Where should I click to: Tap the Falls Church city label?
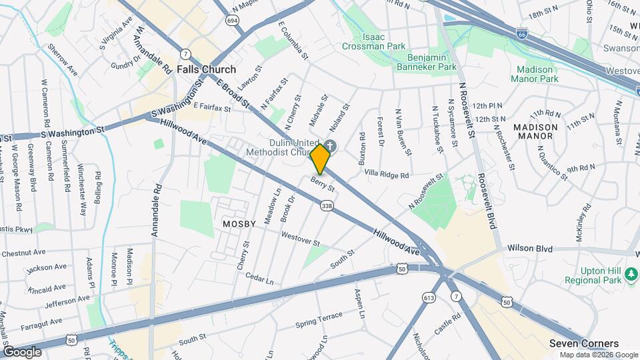[206, 69]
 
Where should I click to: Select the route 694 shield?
[232, 21]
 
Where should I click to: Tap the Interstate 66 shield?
[523, 32]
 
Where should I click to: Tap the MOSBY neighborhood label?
[239, 224]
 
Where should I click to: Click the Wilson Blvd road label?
[530, 249]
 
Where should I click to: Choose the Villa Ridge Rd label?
[386, 174]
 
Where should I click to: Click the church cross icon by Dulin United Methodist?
[331, 146]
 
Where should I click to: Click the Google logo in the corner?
[22, 351]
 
